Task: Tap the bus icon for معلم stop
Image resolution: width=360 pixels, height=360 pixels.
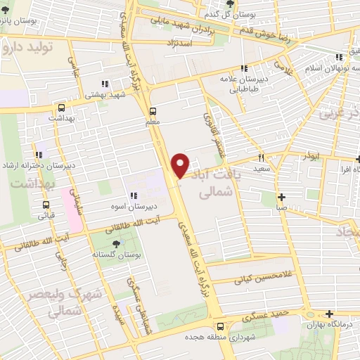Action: [153, 111]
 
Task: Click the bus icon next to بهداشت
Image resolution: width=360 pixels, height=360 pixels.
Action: [63, 108]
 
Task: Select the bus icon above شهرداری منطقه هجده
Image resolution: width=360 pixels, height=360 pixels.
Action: [221, 326]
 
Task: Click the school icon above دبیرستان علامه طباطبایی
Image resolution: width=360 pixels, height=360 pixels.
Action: [245, 68]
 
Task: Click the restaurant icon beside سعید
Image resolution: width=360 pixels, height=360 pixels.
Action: [261, 159]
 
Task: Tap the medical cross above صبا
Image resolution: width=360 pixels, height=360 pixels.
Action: [281, 198]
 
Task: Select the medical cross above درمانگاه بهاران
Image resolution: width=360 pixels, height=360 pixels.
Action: [328, 314]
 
